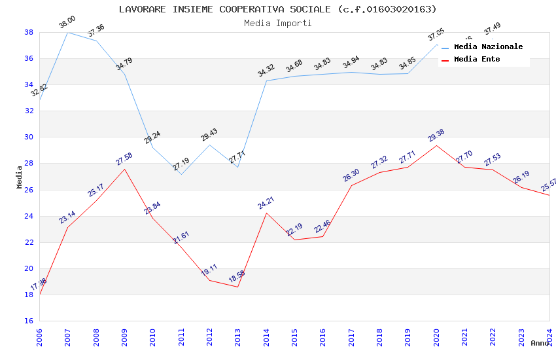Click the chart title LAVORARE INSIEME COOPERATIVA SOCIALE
[277, 9]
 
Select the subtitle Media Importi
[277, 23]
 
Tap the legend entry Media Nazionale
[488, 46]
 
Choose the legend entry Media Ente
[477, 59]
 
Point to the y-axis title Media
[20, 177]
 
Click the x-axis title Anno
[540, 343]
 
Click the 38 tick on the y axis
[29, 32]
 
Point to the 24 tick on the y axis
[29, 216]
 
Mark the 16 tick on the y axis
[29, 321]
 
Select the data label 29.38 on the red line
[436, 135]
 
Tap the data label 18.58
[237, 277]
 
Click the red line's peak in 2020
[436, 145]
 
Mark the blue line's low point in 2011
[181, 174]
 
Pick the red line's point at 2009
[124, 169]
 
